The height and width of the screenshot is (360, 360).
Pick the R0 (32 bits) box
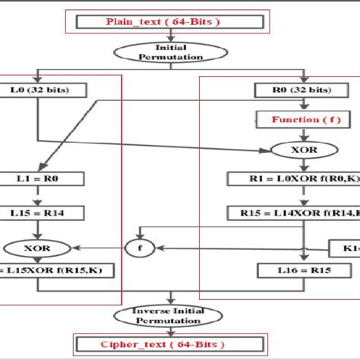pyautogui.click(x=302, y=90)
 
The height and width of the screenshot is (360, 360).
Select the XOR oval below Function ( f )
pyautogui.click(x=302, y=150)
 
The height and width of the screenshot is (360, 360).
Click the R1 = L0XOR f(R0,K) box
pyautogui.click(x=302, y=179)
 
